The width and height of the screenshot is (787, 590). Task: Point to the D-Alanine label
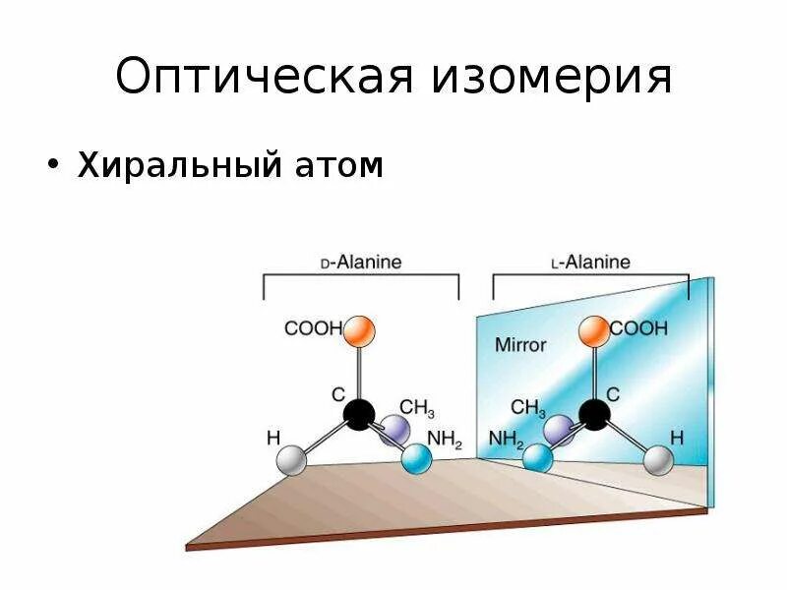click(361, 263)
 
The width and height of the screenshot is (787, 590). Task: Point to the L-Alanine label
click(590, 263)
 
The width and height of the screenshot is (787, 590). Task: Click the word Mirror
click(519, 345)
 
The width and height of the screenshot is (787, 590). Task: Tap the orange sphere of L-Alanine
click(593, 331)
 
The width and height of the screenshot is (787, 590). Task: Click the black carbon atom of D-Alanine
click(359, 414)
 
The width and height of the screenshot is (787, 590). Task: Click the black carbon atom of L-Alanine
click(593, 414)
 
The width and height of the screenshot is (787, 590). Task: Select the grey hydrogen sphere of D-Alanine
click(291, 459)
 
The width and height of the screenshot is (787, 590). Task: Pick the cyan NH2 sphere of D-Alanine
click(417, 458)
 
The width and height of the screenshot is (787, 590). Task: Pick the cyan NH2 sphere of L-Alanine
click(537, 457)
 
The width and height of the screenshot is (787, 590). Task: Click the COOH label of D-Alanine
click(313, 329)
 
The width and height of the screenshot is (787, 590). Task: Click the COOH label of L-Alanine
click(639, 328)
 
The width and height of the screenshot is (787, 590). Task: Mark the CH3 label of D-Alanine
click(417, 409)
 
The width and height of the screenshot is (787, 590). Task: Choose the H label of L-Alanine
click(677, 436)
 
